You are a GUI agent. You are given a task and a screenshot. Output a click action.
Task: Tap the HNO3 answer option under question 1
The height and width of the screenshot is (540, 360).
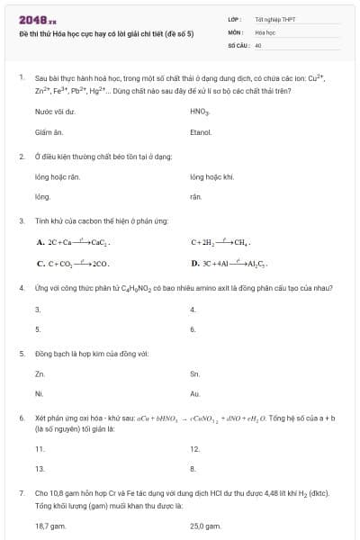click(200, 112)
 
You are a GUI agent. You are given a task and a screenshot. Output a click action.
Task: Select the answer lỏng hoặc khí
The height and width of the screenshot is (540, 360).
click(212, 177)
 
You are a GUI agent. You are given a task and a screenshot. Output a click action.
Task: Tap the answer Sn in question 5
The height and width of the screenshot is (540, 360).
click(194, 373)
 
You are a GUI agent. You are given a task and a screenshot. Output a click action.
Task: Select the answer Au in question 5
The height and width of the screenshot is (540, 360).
click(195, 393)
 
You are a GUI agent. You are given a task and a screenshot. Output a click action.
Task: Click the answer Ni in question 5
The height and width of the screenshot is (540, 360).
click(39, 393)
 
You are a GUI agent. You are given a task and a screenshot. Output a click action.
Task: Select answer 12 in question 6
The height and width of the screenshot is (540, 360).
click(194, 448)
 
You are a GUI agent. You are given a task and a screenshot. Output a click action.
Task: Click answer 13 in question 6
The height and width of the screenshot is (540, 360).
click(40, 468)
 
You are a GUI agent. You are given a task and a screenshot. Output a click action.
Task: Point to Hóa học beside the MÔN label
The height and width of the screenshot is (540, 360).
click(265, 31)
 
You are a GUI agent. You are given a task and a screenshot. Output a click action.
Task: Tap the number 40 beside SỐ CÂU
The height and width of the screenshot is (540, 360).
click(258, 44)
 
